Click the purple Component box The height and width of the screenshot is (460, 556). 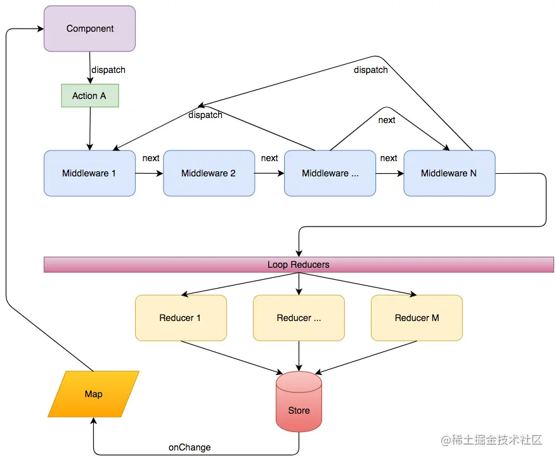click(89, 29)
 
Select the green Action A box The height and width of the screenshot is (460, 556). click(89, 96)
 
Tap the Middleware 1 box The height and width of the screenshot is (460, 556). click(89, 173)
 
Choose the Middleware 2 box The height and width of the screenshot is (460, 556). click(209, 173)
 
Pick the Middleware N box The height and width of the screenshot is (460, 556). click(449, 173)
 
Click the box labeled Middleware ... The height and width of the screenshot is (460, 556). click(330, 173)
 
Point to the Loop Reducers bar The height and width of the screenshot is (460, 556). click(299, 265)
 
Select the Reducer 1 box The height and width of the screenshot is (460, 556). click(180, 318)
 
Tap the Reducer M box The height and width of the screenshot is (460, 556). click(417, 318)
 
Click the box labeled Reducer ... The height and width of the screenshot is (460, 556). click(299, 318)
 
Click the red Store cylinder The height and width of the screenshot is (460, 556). click(299, 404)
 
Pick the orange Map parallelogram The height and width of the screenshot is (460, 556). click(93, 394)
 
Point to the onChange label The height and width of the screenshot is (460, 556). click(190, 447)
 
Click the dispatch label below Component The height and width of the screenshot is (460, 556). click(108, 70)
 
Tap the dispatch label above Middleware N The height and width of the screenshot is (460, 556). click(371, 70)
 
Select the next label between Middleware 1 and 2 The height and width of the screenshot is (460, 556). click(151, 158)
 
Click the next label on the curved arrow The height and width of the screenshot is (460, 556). click(387, 120)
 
